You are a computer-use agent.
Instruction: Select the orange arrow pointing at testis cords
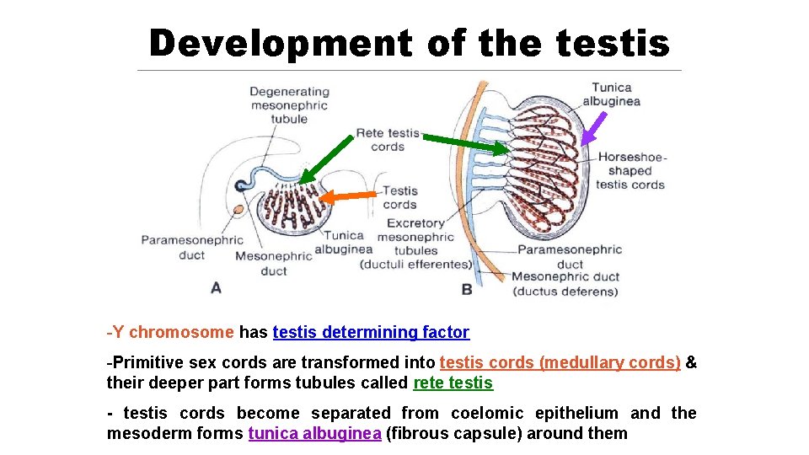(350, 196)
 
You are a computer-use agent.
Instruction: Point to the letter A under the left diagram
(216, 288)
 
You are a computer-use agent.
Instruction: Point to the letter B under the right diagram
(467, 289)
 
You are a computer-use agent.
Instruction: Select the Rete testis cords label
(388, 140)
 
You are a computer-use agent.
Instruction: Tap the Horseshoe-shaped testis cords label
(631, 171)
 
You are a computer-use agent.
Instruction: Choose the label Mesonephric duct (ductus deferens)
(565, 284)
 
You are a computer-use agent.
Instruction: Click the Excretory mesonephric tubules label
(415, 244)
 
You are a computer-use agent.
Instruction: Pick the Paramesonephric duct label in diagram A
(192, 248)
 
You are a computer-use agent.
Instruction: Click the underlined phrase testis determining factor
(371, 332)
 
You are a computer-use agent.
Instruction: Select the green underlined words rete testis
(453, 383)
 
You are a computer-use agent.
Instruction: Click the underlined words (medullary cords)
(609, 362)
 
